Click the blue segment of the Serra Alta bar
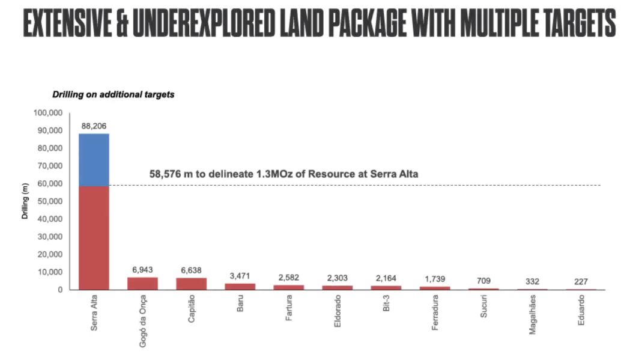point(94,159)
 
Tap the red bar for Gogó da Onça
point(142,283)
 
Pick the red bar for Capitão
point(191,284)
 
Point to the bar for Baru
point(240,287)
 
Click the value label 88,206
point(94,127)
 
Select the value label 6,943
point(142,270)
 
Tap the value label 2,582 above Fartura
point(288,278)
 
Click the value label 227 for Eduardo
point(580,281)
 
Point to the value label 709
point(483,281)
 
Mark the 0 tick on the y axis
point(60,290)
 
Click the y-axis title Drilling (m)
point(25,201)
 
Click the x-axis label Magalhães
point(532,315)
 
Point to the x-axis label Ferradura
point(435,313)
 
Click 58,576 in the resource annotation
point(166,174)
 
